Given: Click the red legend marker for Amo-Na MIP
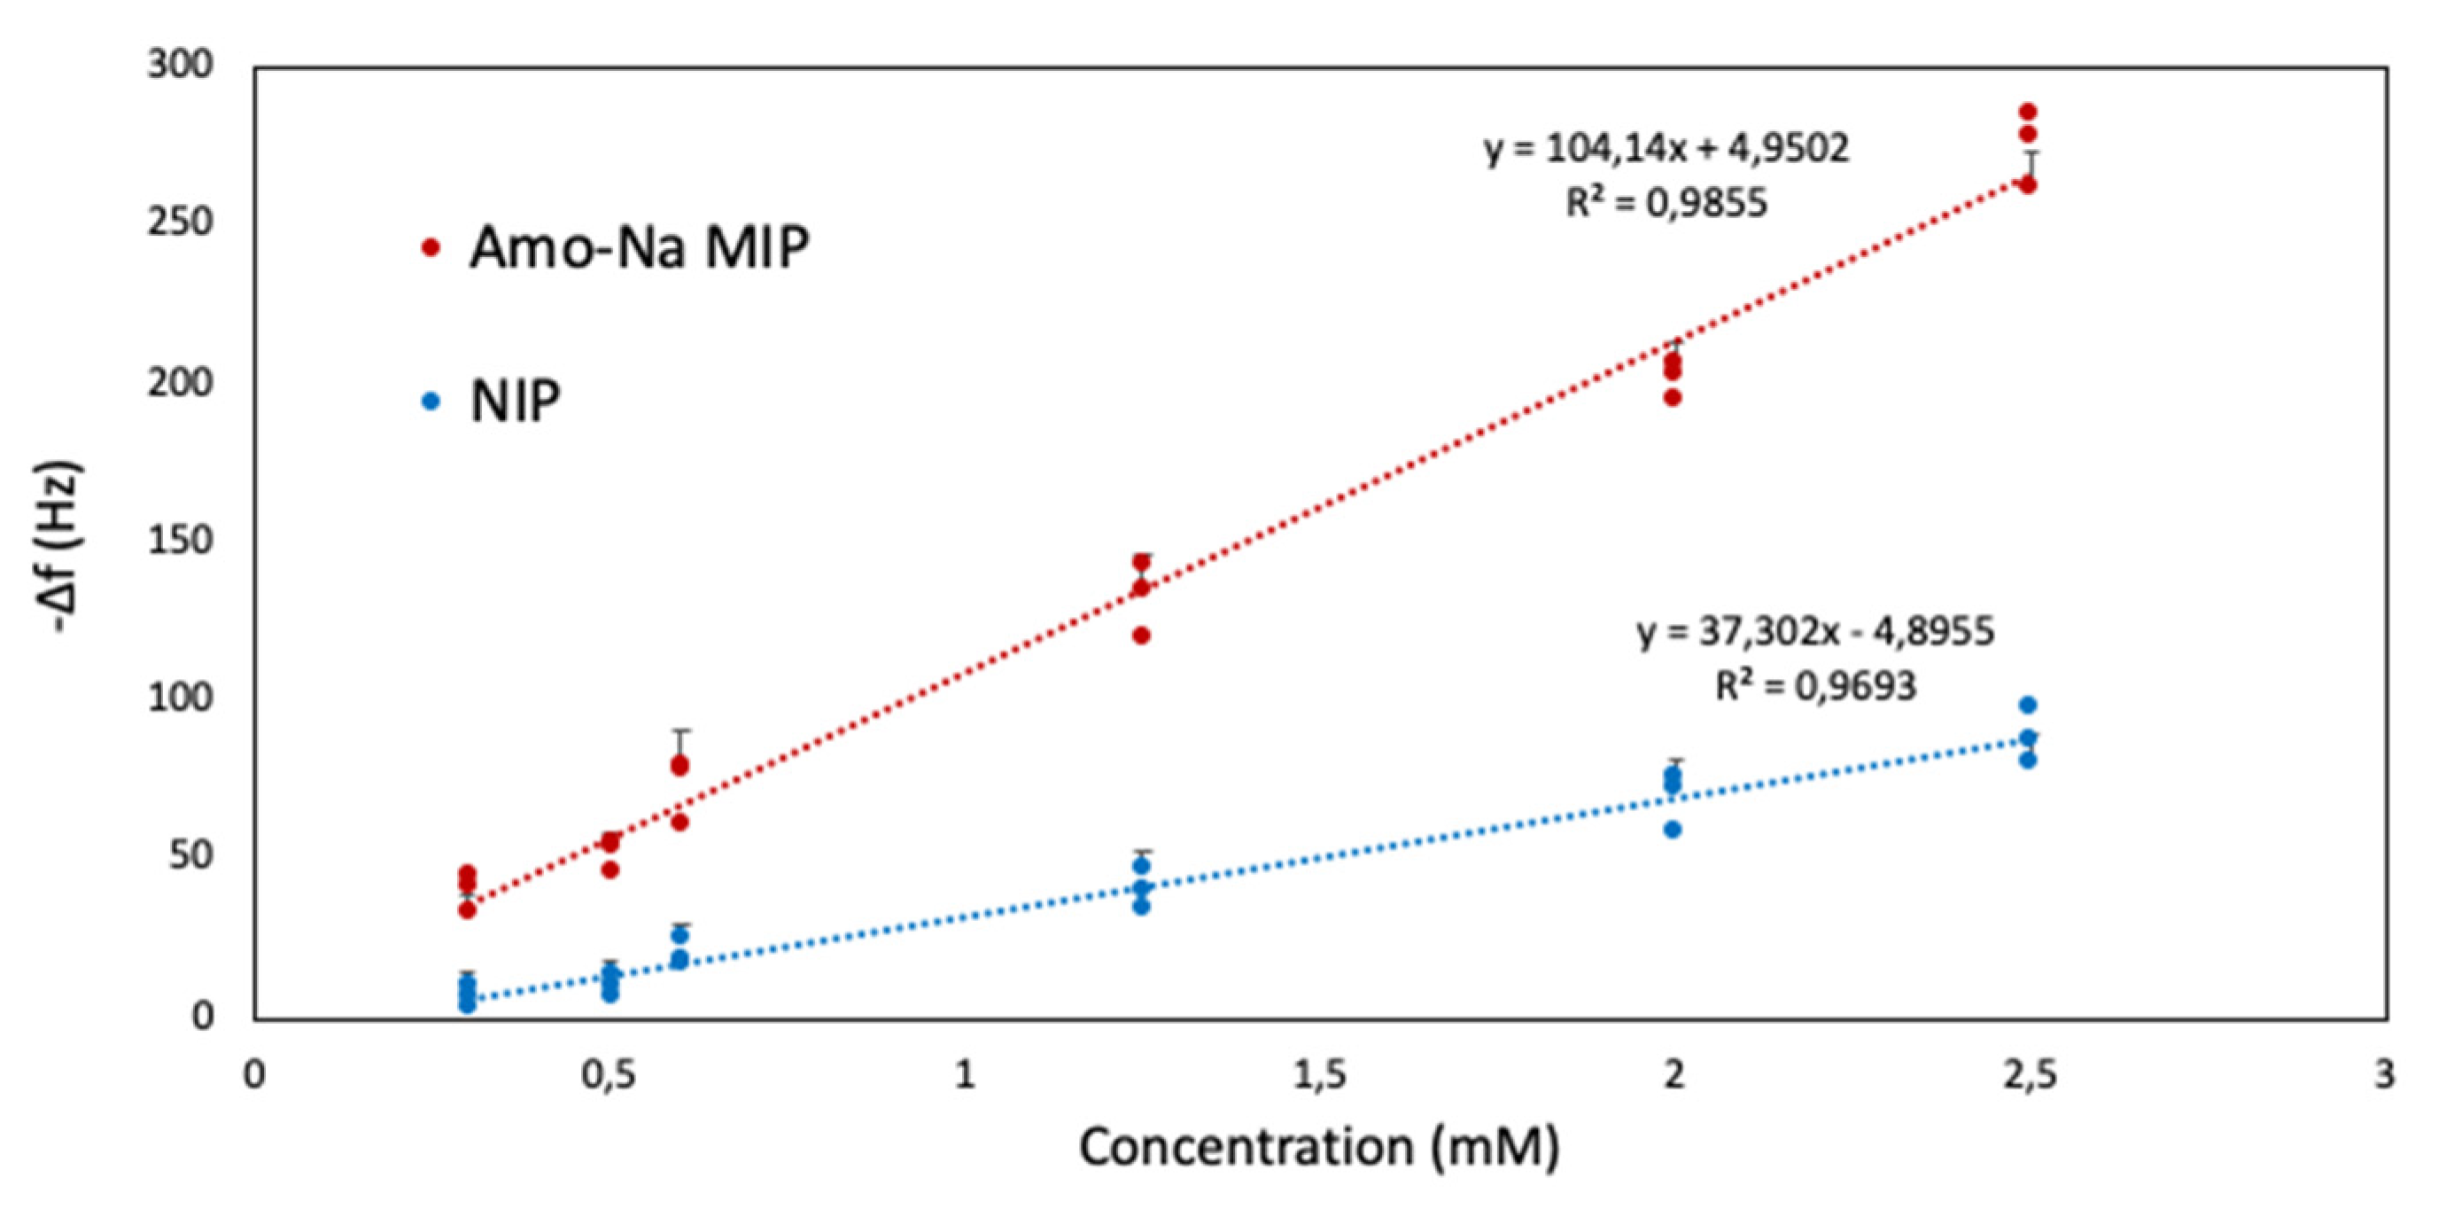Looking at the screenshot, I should coord(431,247).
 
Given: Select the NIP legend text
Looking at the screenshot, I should coord(516,401).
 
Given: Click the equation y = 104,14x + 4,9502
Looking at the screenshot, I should coord(1665,149).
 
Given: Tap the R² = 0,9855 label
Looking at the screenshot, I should coord(1665,203).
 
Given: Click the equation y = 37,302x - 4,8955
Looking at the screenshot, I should coord(1815,631).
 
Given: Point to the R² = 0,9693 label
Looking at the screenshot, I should coord(1815,685).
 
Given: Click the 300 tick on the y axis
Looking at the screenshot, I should coord(181,66).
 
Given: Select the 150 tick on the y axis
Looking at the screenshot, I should coord(181,541).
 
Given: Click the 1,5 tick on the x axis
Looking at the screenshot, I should coord(1319,1075).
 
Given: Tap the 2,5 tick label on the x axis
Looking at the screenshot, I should coord(2029,1075).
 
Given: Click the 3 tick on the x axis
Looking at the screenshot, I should coord(2384,1075).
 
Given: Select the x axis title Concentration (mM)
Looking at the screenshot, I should coord(1319,1148).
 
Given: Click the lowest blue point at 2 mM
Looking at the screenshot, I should coord(1673,830).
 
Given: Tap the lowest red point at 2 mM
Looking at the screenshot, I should coord(1673,398).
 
